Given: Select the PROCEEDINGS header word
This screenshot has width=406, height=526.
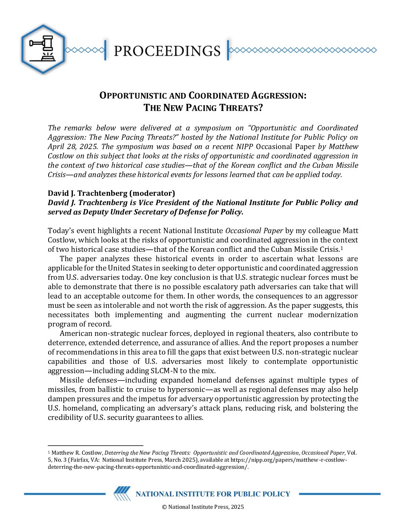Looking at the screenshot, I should click(167, 51).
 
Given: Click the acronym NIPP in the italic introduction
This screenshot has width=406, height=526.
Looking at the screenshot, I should click(244, 146).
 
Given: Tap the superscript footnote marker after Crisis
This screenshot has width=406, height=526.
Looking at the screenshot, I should click(341, 248).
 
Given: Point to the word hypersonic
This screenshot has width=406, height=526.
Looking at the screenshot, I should click(185, 389).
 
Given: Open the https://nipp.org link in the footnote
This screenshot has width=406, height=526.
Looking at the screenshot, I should click(276, 460).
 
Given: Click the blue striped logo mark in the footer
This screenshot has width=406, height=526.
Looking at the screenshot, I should click(122, 493).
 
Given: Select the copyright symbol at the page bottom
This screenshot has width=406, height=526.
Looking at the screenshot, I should click(164, 507).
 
